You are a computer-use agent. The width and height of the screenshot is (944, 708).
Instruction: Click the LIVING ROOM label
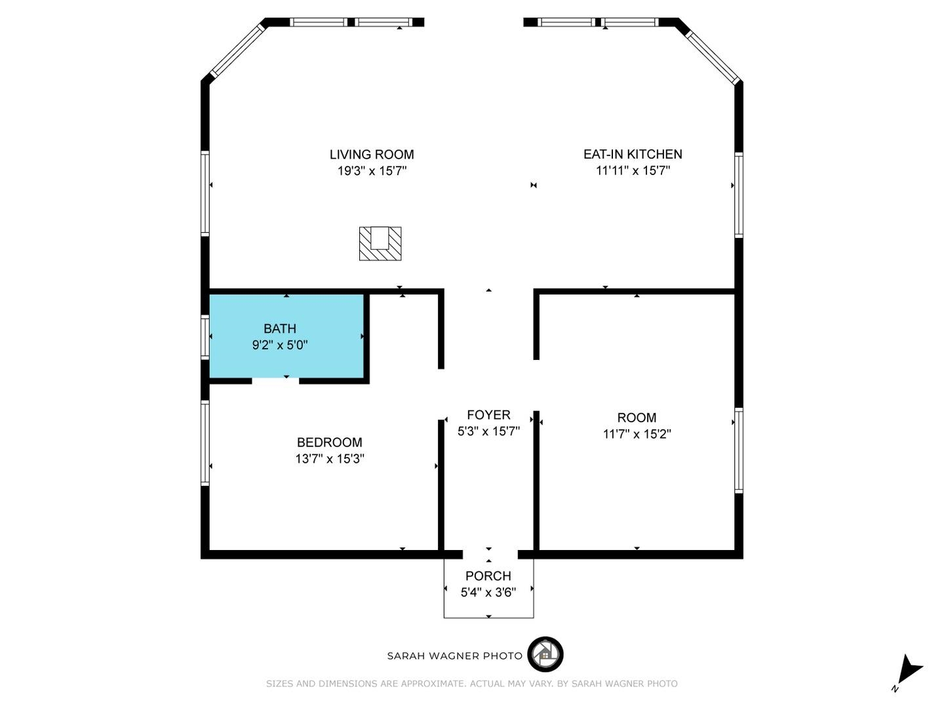tap(371, 155)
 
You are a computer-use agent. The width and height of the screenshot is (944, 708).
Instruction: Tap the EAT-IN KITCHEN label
tap(633, 154)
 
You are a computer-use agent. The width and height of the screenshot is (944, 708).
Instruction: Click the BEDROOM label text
tap(329, 442)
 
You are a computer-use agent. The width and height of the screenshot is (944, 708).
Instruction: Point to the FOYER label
tap(488, 415)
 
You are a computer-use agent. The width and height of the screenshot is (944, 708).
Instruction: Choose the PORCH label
tap(488, 576)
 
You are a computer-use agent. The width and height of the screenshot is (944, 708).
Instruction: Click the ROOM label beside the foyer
tap(637, 418)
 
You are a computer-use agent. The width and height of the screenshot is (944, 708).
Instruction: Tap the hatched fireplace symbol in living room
tap(380, 243)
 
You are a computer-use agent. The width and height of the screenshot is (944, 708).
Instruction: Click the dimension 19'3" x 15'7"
tap(372, 171)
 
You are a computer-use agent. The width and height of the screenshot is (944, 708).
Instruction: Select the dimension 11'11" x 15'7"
tap(633, 171)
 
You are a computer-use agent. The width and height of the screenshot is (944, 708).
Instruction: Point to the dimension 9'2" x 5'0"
tap(280, 345)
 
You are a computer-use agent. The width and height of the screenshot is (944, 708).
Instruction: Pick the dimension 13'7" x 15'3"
tap(330, 459)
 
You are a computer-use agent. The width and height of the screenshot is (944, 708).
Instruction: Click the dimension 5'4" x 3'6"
tap(488, 593)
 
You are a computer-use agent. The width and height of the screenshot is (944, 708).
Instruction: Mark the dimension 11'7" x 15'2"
tap(637, 434)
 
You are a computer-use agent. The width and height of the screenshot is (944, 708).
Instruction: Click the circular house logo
tap(545, 654)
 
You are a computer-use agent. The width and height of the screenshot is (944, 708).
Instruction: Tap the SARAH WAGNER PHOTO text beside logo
tap(455, 656)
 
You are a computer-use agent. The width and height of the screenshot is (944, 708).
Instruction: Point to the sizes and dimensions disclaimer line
tap(472, 684)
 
